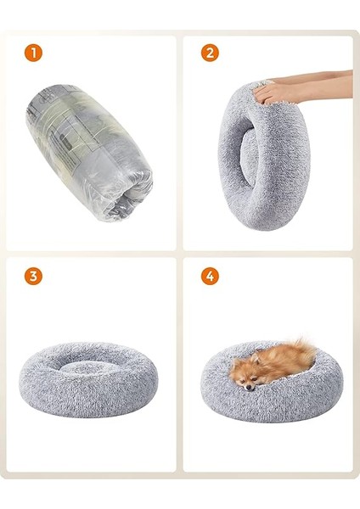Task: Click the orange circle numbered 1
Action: [32, 53]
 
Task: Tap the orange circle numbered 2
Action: [210, 53]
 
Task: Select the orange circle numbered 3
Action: [32, 277]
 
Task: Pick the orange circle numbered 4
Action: [210, 277]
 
